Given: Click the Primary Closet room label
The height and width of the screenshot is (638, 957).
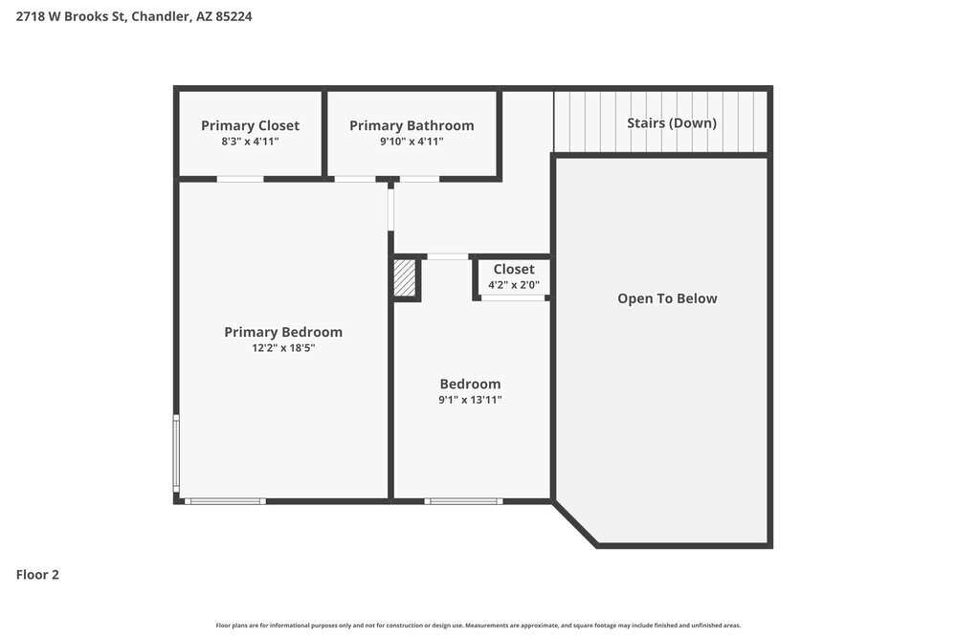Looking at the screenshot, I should [x=250, y=125].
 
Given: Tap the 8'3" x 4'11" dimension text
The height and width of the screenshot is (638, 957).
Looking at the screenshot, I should [x=250, y=142].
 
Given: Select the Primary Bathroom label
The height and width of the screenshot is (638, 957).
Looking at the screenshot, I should [x=412, y=125].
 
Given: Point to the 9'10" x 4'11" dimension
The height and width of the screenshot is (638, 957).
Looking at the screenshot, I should [x=412, y=142].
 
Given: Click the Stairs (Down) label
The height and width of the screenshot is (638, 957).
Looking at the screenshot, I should [x=671, y=122].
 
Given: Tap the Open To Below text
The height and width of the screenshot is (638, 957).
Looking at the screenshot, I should [x=667, y=298].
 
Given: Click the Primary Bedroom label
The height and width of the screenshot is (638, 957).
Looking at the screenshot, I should [x=283, y=332].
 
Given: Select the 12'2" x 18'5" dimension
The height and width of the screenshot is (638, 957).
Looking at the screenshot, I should [x=283, y=348].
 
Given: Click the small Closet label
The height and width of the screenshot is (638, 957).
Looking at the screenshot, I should [x=514, y=269].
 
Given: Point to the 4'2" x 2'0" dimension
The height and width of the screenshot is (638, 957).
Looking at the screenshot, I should [x=514, y=285].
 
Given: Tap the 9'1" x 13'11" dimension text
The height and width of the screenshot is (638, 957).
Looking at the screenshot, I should [x=470, y=400].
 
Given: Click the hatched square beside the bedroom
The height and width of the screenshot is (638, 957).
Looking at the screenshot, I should [x=406, y=278].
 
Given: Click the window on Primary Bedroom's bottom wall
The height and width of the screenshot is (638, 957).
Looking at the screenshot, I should [x=225, y=500].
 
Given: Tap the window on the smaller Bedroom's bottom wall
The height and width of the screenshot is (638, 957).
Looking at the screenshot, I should [x=464, y=500].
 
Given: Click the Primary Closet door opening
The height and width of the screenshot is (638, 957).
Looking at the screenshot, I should [x=240, y=179].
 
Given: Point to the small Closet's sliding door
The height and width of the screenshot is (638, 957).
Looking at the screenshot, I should [x=513, y=298].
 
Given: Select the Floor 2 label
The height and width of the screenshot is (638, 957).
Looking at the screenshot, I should [x=37, y=575].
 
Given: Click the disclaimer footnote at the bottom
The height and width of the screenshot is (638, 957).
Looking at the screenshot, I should [x=478, y=626].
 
